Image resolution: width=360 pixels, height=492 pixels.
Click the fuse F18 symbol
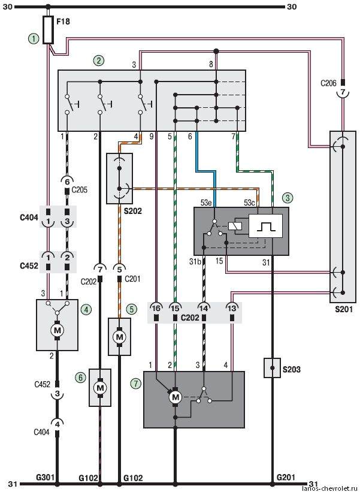tap(48, 30)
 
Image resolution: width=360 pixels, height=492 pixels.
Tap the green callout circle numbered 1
tap(34, 39)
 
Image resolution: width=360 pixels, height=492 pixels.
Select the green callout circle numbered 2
tap(99, 61)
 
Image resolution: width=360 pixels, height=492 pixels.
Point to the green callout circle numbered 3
tap(287, 198)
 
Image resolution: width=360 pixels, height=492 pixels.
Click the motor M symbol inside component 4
tap(58, 330)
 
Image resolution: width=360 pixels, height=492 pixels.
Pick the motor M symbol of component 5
tap(119, 337)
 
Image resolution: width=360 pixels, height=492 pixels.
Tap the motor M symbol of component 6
tap(100, 388)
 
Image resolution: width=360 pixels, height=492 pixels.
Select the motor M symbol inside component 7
tap(175, 397)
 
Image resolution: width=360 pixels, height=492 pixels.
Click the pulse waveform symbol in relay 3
tap(265, 226)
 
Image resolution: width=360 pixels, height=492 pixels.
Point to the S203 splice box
tap(272, 368)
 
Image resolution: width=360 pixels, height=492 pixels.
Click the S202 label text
tap(132, 211)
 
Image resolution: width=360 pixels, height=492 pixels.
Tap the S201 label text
tap(343, 309)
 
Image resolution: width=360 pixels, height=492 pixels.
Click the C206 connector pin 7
tap(343, 92)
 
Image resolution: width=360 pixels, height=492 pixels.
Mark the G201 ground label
tap(286, 477)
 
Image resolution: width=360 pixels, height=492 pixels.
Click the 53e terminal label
tap(206, 203)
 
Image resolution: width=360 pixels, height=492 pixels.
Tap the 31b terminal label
tap(195, 261)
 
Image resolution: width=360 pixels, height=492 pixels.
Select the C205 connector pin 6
tap(67, 182)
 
